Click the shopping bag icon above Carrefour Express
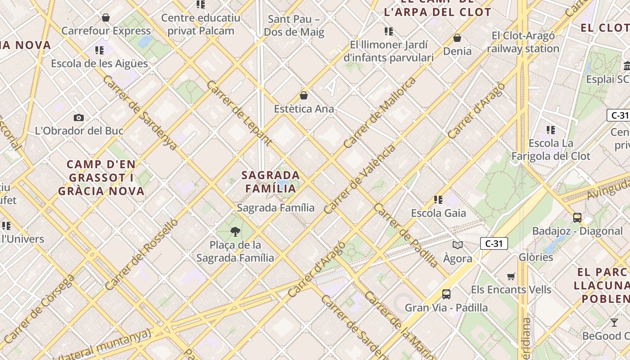[x=106, y=18]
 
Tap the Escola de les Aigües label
[x=99, y=63]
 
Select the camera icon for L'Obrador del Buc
[x=79, y=118]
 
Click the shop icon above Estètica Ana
[x=304, y=95]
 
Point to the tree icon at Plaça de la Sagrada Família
[x=235, y=232]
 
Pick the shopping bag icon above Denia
[x=457, y=38]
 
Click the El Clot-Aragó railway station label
[x=523, y=42]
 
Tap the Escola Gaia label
[x=438, y=213]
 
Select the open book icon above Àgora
[x=458, y=245]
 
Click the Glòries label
[x=536, y=257]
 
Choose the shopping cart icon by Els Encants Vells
[x=511, y=276]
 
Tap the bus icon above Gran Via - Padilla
[x=446, y=294]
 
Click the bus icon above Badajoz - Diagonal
[x=577, y=218]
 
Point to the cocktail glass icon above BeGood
[x=614, y=322]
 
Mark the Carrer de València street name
[x=360, y=179]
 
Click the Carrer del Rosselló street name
[x=142, y=254]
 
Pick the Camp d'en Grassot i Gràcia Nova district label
[x=101, y=177]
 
